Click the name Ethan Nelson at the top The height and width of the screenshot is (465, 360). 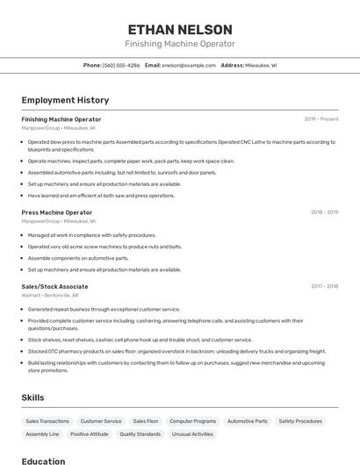point(179,29)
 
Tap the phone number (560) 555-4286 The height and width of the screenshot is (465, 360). point(121,65)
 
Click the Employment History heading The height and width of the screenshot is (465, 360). point(65,100)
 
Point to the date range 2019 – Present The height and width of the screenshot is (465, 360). point(321,119)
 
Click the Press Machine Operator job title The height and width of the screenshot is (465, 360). point(57,212)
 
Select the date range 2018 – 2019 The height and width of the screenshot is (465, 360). point(324,212)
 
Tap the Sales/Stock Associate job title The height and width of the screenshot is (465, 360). point(54,287)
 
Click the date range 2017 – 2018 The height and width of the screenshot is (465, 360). point(324,287)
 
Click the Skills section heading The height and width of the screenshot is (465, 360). point(33,397)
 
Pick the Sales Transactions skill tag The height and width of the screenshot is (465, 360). point(47,421)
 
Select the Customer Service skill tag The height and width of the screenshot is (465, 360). point(101,421)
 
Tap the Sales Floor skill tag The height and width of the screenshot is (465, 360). point(146,421)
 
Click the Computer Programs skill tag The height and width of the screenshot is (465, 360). point(192,421)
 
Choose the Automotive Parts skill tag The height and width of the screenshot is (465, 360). point(248,421)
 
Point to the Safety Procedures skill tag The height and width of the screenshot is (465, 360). point(300,421)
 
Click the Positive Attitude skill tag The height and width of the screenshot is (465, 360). point(90,434)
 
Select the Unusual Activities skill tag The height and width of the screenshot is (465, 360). point(192,434)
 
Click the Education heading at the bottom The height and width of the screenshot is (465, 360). point(43,460)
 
